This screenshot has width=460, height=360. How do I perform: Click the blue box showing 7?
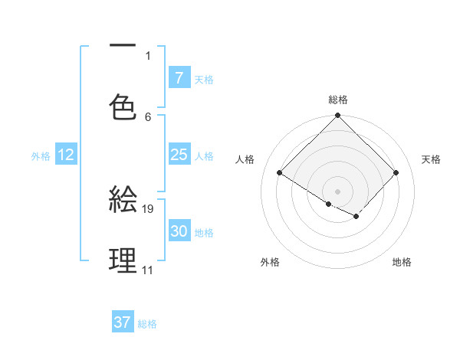point(179,78)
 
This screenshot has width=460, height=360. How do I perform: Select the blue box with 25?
point(179,155)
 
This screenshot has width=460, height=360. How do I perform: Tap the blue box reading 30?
point(179,231)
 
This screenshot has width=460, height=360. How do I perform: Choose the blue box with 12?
point(66,155)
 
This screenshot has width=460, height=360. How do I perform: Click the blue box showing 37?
point(123,322)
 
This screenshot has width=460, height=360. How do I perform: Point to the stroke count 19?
point(149,208)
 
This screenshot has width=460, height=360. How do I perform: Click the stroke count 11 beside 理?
point(147,270)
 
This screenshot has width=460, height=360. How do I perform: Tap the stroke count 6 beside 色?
point(149,116)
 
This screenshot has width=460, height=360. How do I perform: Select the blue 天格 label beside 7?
point(204,80)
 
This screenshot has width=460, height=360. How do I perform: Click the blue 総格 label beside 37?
point(147,324)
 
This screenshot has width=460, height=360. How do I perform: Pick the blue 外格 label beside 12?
point(41,156)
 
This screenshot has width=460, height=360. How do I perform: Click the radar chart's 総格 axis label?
point(338,100)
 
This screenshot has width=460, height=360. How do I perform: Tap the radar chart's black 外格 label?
point(270,263)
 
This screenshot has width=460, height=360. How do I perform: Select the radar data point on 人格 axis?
point(280,173)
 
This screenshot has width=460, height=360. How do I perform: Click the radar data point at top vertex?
point(338,116)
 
